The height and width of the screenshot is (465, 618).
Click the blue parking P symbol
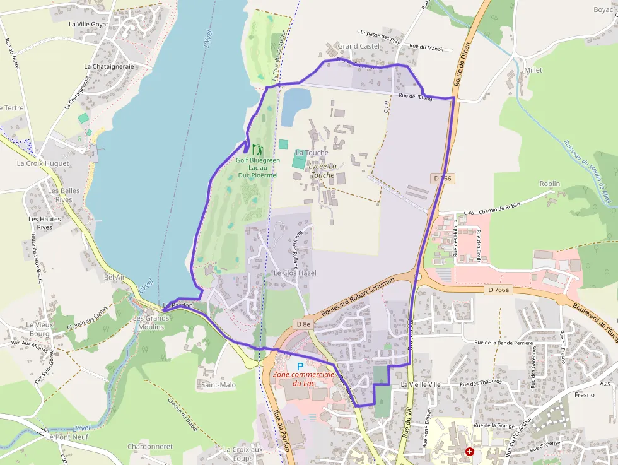tap(300, 366)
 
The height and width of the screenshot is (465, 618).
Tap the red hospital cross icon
tap(470, 452)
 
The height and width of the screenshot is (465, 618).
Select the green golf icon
tap(257, 150)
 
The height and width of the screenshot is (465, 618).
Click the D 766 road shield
tap(444, 179)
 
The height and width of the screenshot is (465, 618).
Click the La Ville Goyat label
tap(88, 25)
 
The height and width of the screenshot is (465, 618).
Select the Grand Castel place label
tap(359, 46)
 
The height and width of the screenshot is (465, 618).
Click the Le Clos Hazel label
tap(294, 273)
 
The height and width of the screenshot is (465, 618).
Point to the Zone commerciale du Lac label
tap(303, 379)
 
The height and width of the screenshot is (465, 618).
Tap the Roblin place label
tap(549, 184)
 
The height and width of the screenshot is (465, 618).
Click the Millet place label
tap(533, 71)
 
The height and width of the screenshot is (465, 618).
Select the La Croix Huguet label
tap(43, 163)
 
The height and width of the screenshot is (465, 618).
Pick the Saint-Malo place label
tap(218, 384)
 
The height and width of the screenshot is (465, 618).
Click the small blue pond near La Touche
tap(296, 107)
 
